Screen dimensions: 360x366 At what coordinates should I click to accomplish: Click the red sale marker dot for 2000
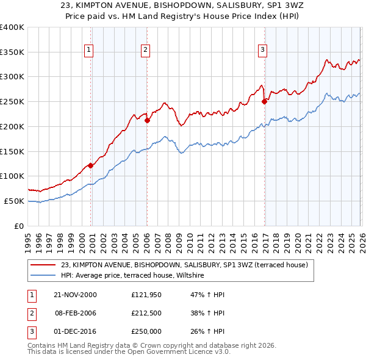(x=91, y=165)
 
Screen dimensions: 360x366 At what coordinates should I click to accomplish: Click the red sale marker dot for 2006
(x=147, y=120)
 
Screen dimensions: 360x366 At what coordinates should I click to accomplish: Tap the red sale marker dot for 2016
(x=264, y=102)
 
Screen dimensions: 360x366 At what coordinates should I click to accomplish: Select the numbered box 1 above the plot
(x=89, y=50)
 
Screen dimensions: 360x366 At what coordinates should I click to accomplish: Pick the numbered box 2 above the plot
(x=146, y=50)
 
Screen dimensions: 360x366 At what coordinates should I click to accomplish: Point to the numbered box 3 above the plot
(x=262, y=50)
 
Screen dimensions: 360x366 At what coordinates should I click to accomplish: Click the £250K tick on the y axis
(x=12, y=101)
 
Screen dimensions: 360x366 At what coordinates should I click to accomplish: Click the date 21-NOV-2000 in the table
(x=75, y=295)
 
